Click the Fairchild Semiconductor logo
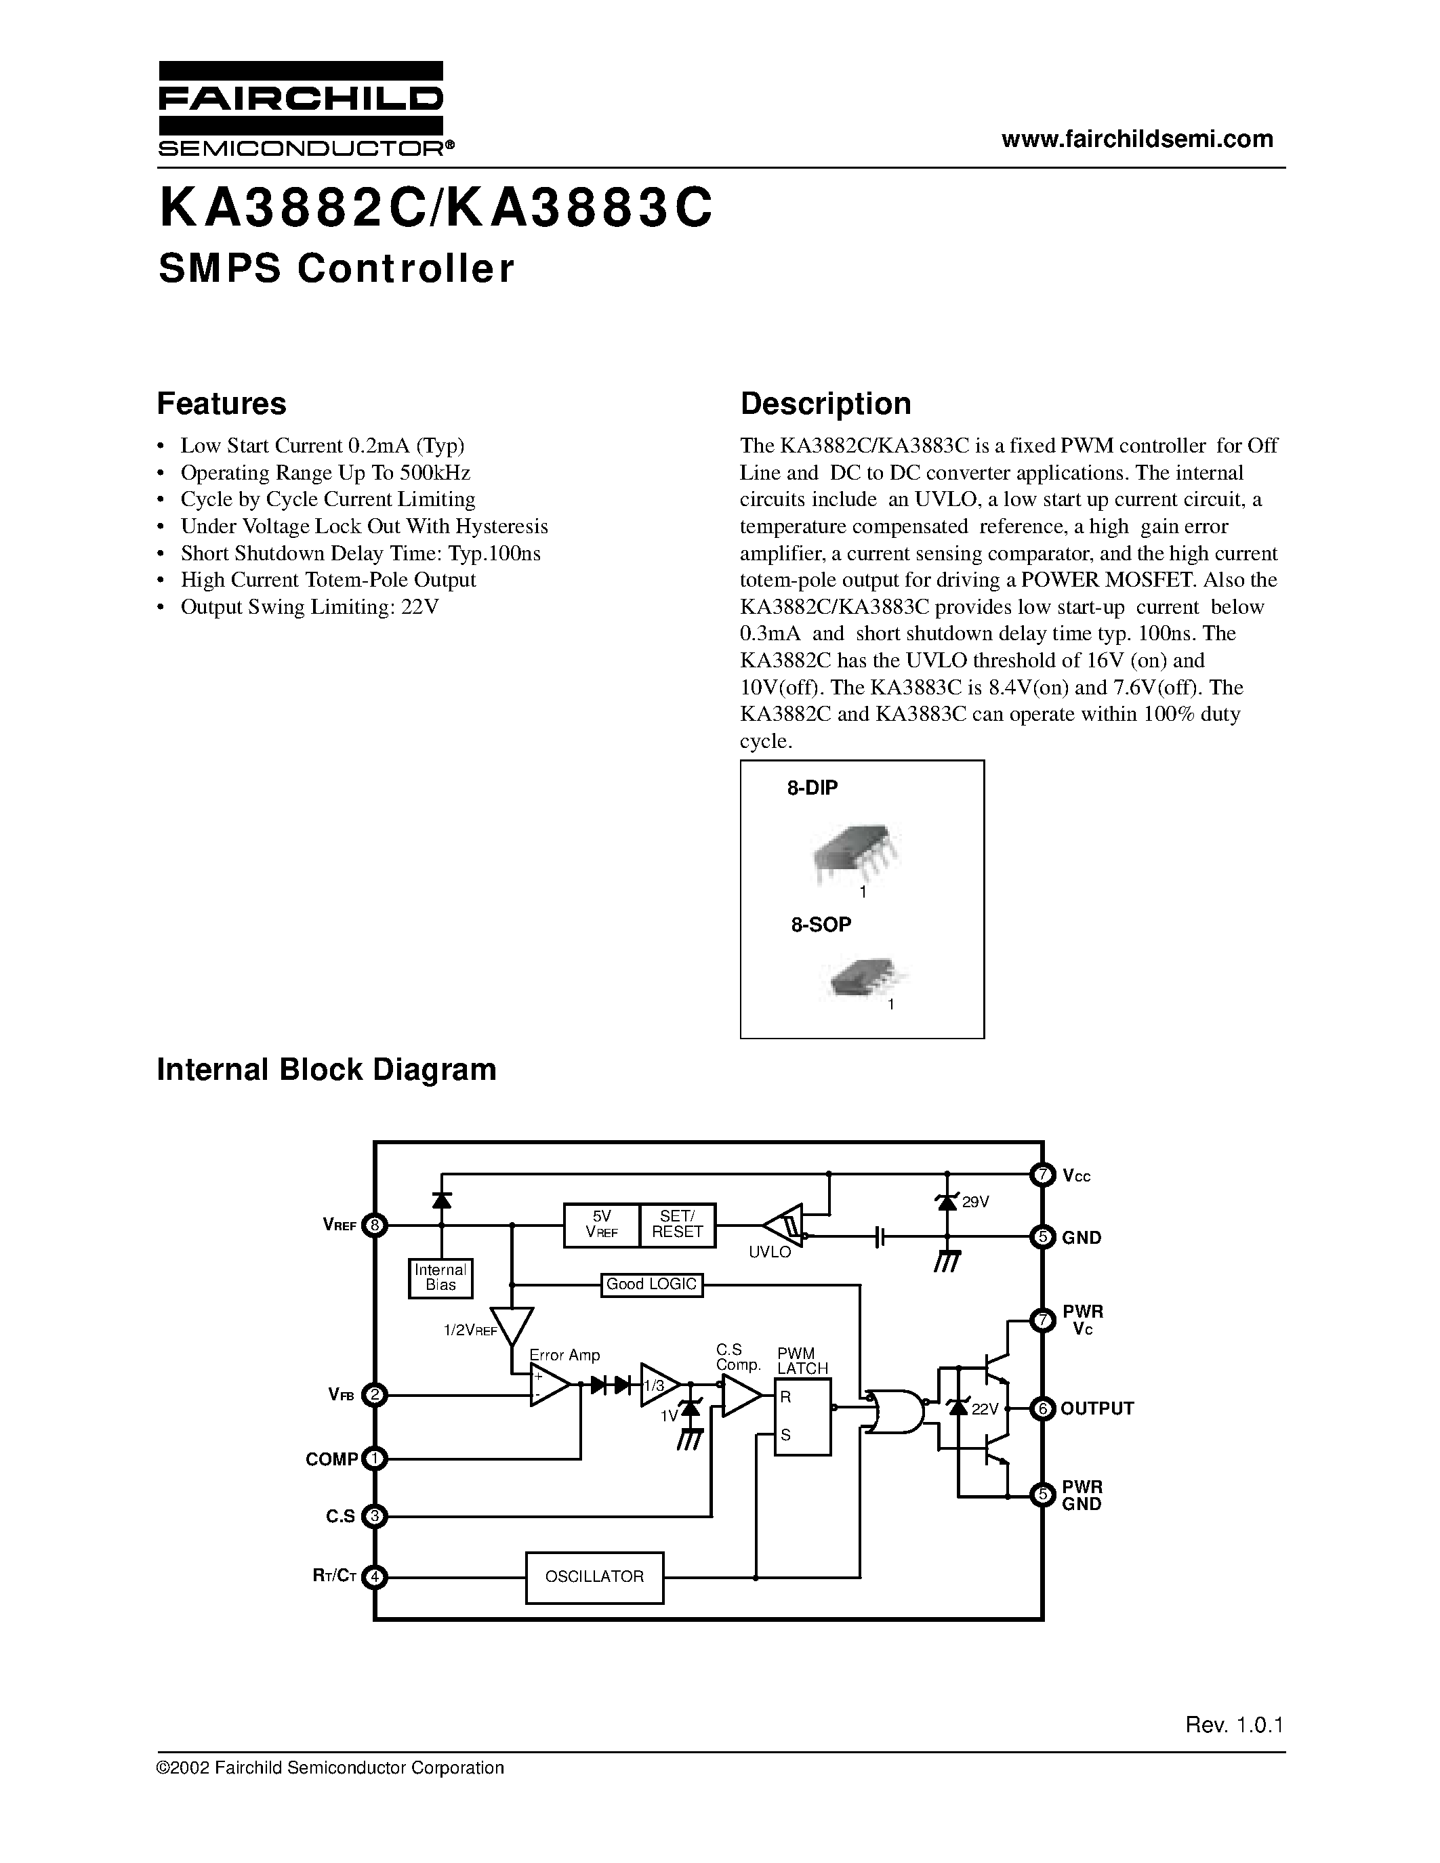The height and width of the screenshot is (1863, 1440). pyautogui.click(x=300, y=109)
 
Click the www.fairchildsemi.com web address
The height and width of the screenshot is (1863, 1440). pyautogui.click(x=1137, y=139)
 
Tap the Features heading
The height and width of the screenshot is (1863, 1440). pyautogui.click(x=222, y=404)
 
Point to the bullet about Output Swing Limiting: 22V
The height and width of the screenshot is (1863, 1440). pyautogui.click(x=309, y=606)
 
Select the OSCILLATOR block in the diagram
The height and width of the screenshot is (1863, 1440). pyautogui.click(x=594, y=1576)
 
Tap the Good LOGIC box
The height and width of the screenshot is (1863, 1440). pyautogui.click(x=652, y=1284)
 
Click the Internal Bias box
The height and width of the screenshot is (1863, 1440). pyautogui.click(x=440, y=1277)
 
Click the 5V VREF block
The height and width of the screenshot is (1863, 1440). pyautogui.click(x=602, y=1225)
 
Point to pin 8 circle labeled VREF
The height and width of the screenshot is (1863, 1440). pyautogui.click(x=375, y=1225)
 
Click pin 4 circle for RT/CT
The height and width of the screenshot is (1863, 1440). pyautogui.click(x=375, y=1576)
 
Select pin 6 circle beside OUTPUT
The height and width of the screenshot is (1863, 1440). pyautogui.click(x=1042, y=1408)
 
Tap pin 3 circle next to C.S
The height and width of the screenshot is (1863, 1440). pyautogui.click(x=375, y=1516)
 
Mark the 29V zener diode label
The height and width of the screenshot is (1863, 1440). pyautogui.click(x=975, y=1202)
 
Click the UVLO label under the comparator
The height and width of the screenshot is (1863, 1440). pyautogui.click(x=770, y=1252)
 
